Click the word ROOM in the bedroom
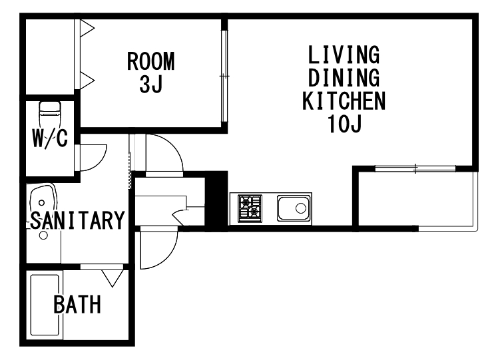pos(151,61)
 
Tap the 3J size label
pos(151,84)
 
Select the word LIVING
pos(344,55)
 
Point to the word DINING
pos(344,78)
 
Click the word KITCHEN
pos(344,100)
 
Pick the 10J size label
pos(345,124)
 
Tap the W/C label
pos(50,138)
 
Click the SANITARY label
pos(77,220)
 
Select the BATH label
pos(77,304)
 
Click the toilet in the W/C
pos(49,114)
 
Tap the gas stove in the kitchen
pos(250,208)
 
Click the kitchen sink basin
pos(294,208)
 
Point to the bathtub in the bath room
pos(45,305)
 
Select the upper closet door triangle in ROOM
pos(87,28)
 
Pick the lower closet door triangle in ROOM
pos(87,81)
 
